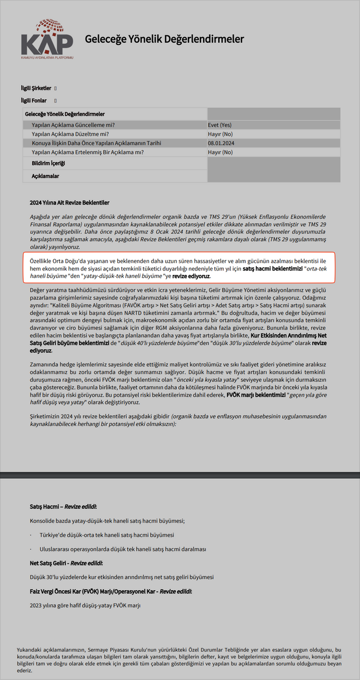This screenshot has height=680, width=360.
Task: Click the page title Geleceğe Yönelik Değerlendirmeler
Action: [x=164, y=39]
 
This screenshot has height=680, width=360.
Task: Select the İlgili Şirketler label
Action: [x=36, y=88]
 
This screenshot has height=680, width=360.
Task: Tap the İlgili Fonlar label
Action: [x=34, y=100]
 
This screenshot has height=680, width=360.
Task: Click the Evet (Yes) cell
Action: [x=220, y=125]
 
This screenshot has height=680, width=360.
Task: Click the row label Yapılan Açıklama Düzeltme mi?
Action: [x=70, y=134]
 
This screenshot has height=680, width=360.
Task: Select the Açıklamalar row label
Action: [x=45, y=176]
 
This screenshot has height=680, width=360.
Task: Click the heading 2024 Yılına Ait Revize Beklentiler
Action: [x=70, y=203]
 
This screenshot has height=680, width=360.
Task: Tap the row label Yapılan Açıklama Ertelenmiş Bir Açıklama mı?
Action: [x=88, y=152]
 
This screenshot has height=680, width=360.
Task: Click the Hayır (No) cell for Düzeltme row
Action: [x=220, y=134]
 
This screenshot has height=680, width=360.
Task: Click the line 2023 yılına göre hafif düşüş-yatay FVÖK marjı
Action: [x=85, y=606]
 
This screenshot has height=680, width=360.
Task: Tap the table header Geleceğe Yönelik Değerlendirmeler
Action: [x=65, y=114]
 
